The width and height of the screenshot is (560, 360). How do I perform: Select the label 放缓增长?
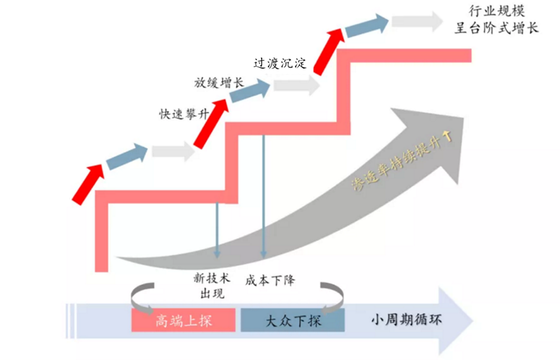[x=219, y=82]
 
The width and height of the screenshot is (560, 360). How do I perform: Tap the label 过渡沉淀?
[x=280, y=63]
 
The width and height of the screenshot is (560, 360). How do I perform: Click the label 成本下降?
[x=270, y=280]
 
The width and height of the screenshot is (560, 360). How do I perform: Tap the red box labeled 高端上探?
[x=183, y=321]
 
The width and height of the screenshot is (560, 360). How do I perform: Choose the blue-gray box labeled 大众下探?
[x=293, y=321]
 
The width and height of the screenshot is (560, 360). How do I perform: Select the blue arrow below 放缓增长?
[x=250, y=92]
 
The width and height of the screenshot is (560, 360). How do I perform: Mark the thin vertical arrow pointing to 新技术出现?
[x=217, y=229]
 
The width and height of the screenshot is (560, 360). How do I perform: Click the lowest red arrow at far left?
[x=87, y=183]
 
